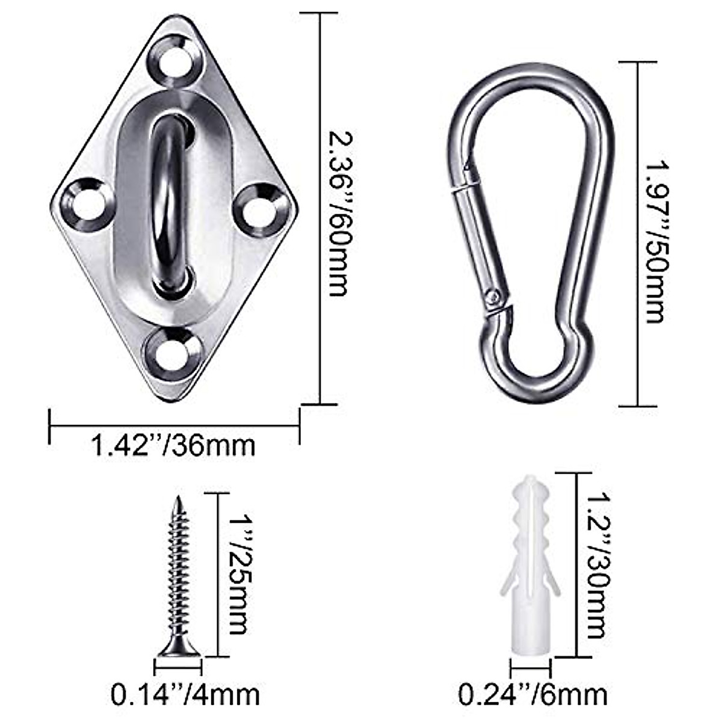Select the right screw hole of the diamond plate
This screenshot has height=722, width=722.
tap(261, 210)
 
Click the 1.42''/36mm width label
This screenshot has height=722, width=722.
tap(173, 446)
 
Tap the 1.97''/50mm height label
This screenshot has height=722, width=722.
tap(655, 241)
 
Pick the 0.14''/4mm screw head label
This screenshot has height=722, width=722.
tap(185, 695)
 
